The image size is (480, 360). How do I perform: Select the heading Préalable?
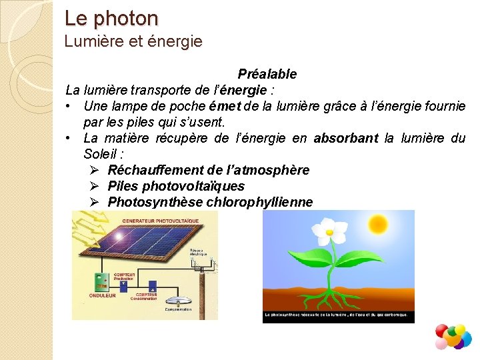[x=267, y=74]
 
